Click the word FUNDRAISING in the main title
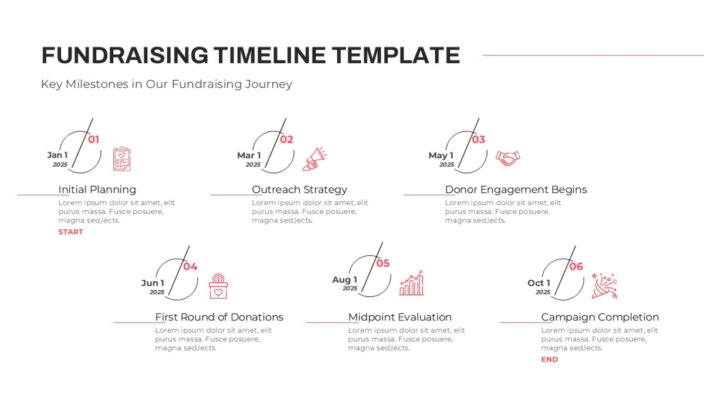[125, 55]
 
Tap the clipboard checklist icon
[122, 159]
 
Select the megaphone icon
[314, 159]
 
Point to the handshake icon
[507, 158]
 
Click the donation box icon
[218, 286]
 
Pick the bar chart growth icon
[411, 283]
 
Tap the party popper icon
[604, 286]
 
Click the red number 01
[93, 140]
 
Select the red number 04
[190, 267]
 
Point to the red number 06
[576, 267]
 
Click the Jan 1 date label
[57, 155]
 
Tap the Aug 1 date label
[345, 280]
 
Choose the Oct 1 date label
[539, 283]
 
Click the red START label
[71, 232]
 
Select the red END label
[549, 360]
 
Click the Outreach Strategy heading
[300, 190]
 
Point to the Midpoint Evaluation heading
[400, 317]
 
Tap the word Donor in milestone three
[461, 189]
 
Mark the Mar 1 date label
[249, 155]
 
